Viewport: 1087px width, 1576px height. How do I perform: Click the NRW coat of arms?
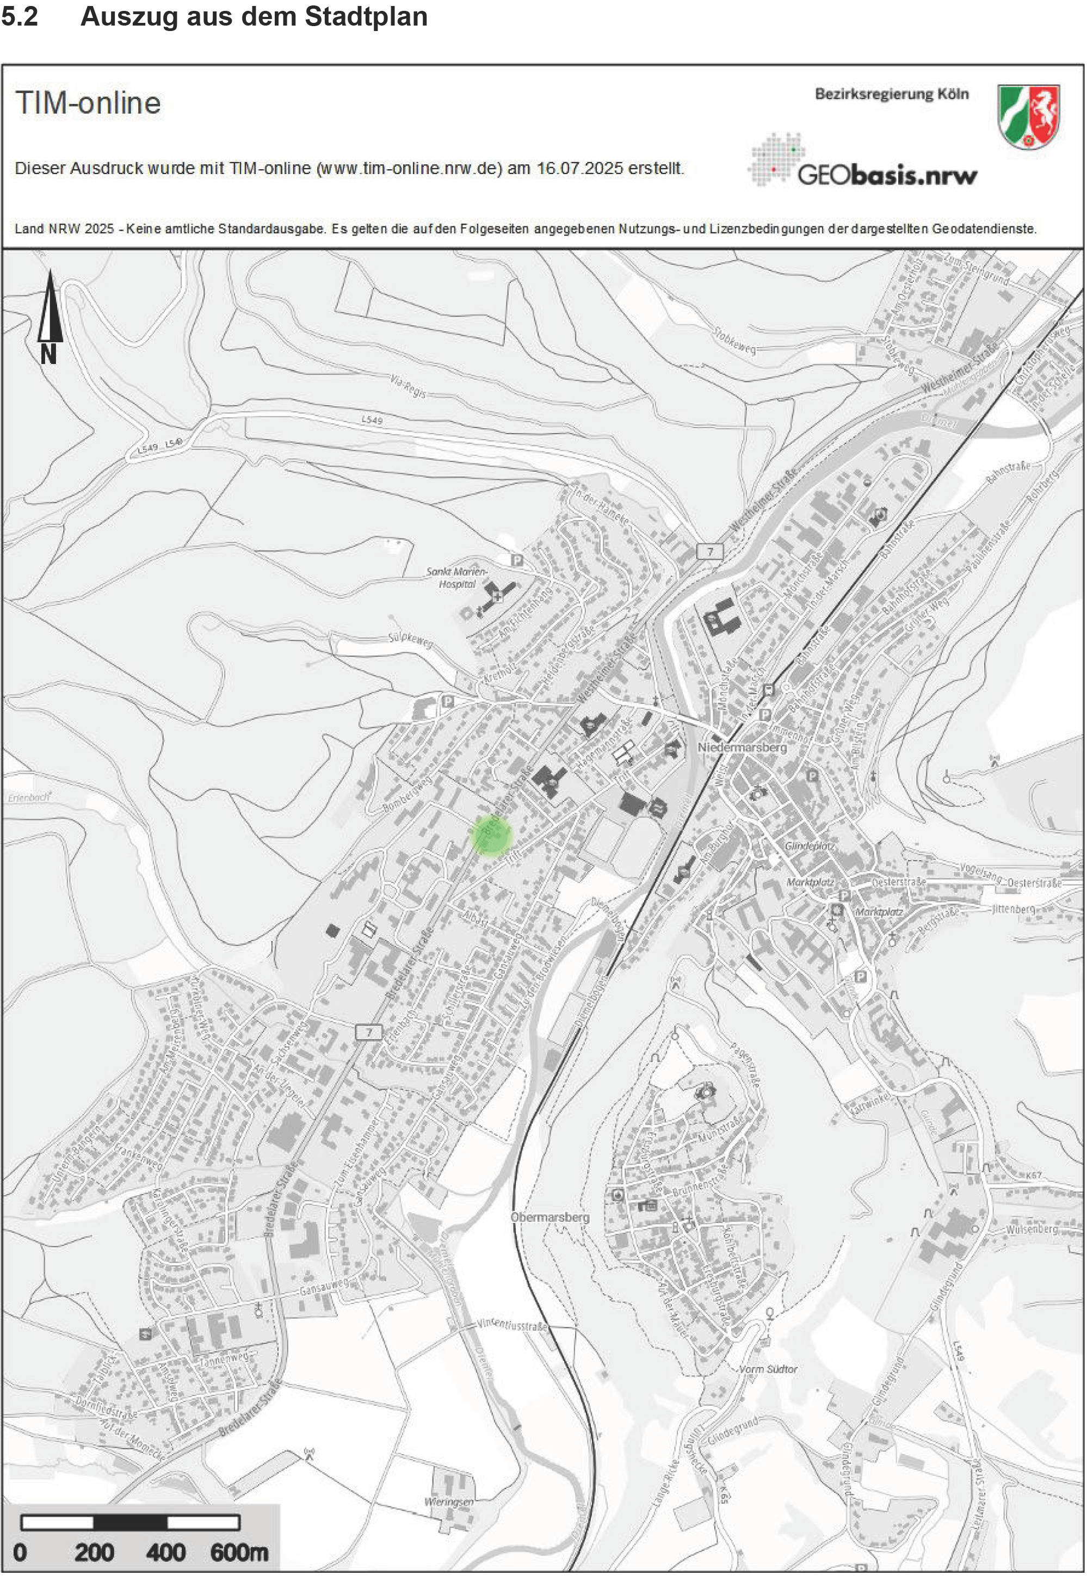tap(1028, 115)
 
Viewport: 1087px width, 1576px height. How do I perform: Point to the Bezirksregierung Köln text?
tap(892, 94)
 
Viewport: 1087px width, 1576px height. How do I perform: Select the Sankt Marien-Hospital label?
tap(456, 578)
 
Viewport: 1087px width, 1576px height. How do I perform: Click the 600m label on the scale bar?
tap(239, 1552)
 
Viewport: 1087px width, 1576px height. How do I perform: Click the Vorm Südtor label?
tap(768, 1369)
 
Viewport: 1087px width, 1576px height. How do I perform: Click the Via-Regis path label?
tap(408, 386)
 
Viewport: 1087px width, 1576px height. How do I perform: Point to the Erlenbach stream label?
tap(29, 797)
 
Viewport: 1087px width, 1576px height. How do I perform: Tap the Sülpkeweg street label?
tap(410, 640)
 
